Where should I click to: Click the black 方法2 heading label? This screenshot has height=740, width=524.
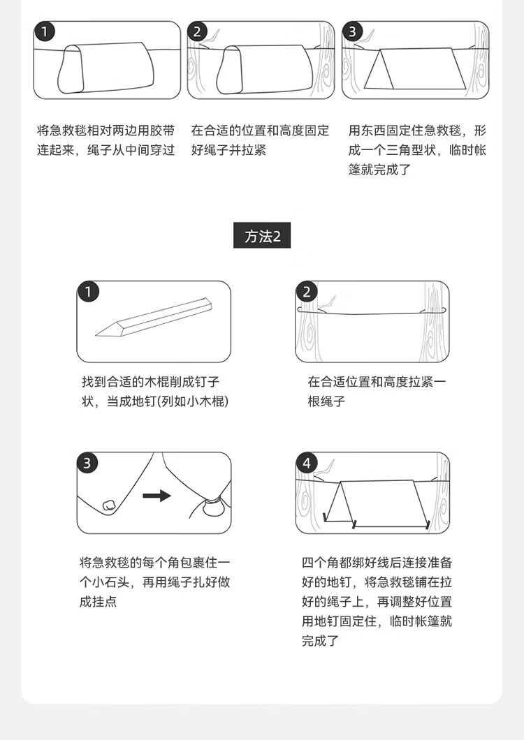coord(262,235)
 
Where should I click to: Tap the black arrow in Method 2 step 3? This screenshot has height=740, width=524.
coord(157,496)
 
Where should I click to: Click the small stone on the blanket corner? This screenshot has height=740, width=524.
coord(109,504)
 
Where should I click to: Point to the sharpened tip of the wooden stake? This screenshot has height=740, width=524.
coord(96,335)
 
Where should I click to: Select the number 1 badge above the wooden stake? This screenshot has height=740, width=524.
coord(88,292)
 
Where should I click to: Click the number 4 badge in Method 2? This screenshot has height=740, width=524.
coord(307,463)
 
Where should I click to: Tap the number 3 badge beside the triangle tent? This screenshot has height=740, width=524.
coord(352,31)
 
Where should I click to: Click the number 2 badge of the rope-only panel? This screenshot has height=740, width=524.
coord(307,292)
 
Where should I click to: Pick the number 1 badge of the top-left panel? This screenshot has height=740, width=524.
coord(45,31)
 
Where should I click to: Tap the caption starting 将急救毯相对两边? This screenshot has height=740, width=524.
coord(105,140)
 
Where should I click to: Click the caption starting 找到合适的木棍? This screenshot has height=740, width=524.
coord(155,391)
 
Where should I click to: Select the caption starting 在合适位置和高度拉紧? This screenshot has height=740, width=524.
coord(377,391)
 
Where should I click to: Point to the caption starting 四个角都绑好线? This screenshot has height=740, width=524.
coord(377,601)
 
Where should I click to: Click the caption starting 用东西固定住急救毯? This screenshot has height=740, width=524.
coord(417,149)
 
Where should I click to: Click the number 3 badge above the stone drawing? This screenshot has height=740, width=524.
coord(87,463)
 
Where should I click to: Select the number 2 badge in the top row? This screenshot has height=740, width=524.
coord(198,31)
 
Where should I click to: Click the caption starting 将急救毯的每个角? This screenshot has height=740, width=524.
coord(154,582)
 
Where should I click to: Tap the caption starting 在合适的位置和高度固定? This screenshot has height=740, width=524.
coord(260,140)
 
